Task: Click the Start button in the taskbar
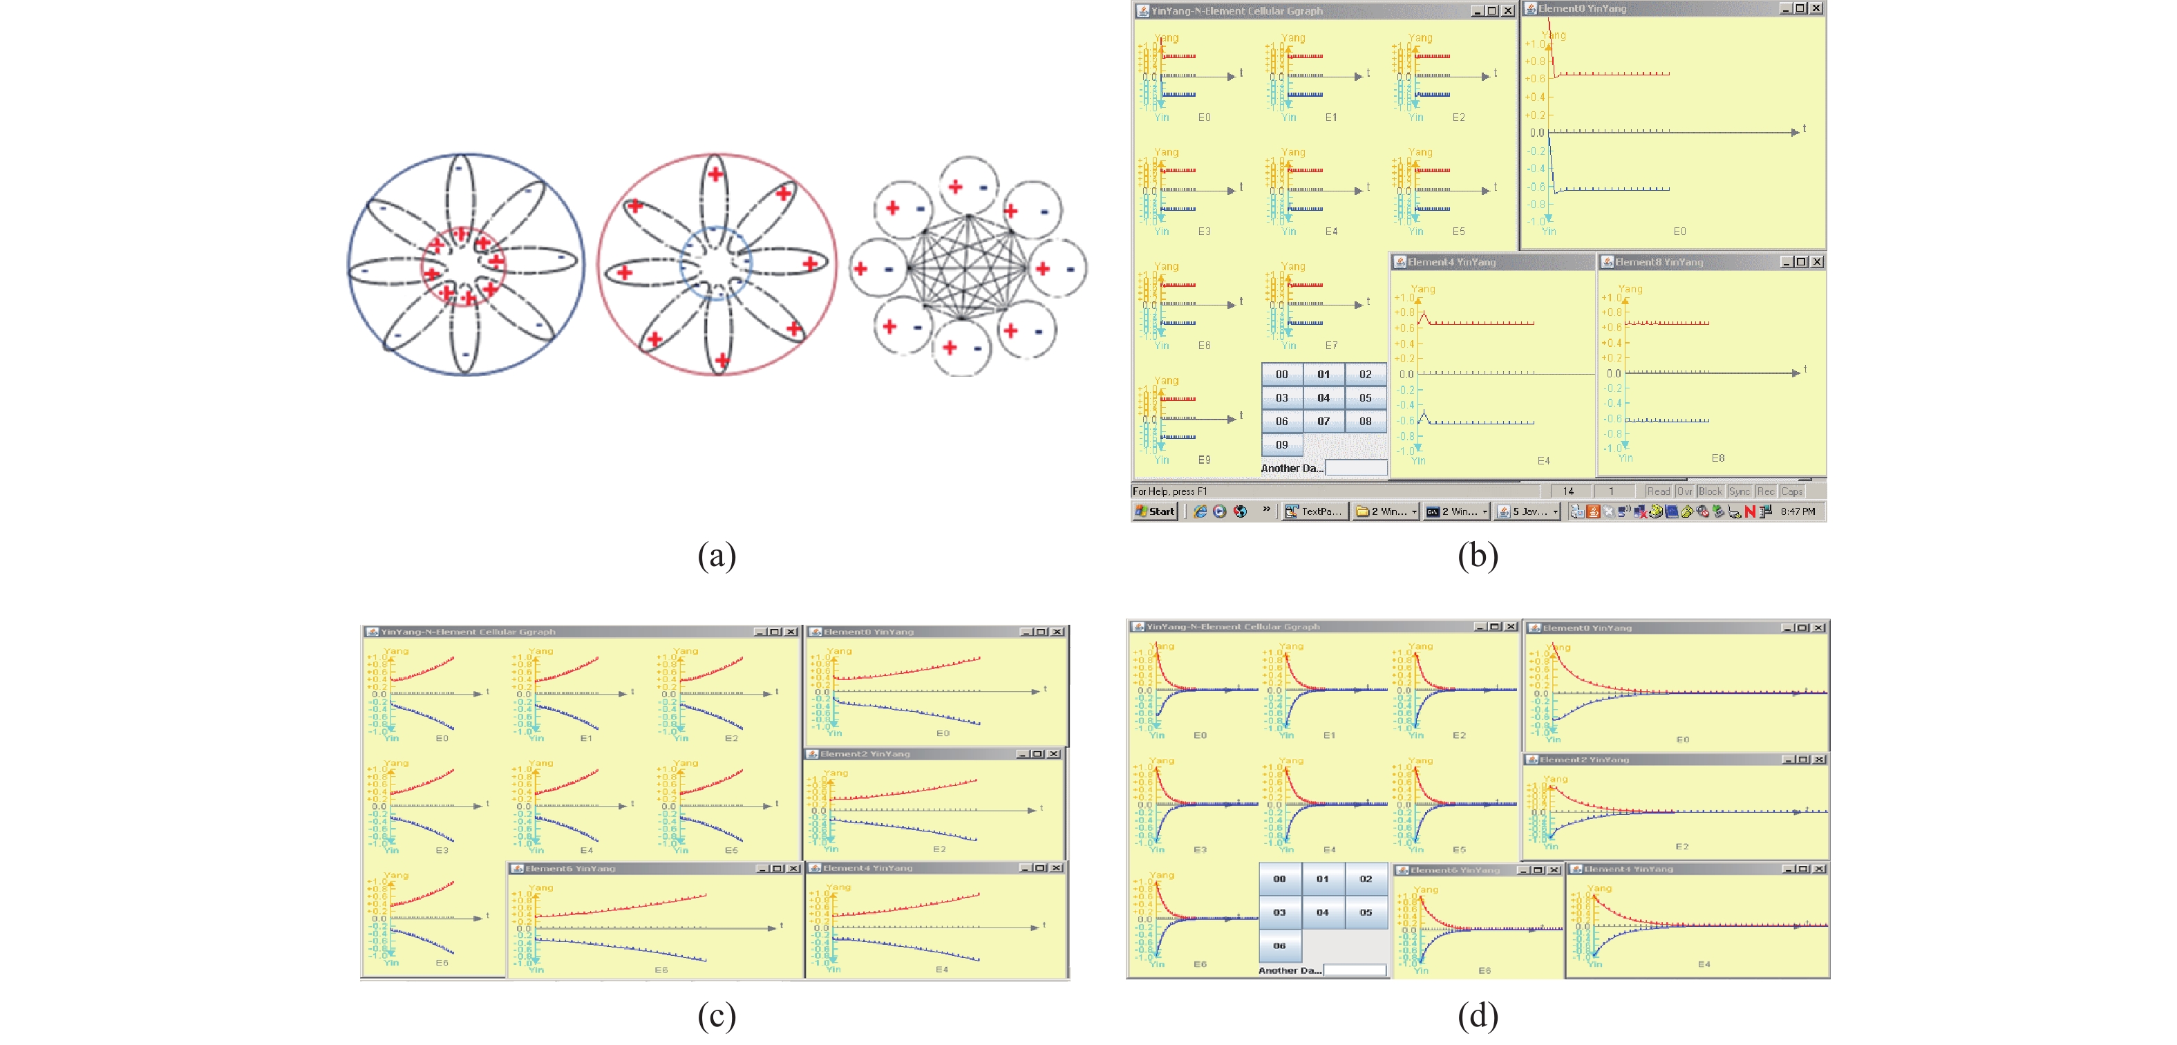[x=1156, y=511]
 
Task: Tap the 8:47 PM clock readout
[x=1798, y=511]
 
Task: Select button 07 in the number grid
[x=1323, y=421]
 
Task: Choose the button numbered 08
[x=1365, y=421]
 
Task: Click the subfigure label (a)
[x=717, y=556]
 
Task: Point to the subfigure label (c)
[x=717, y=1015]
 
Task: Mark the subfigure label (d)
[x=1478, y=1015]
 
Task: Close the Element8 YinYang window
[x=1817, y=262]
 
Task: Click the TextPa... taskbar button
[x=1313, y=511]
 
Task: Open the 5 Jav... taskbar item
[x=1527, y=511]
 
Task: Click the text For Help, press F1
[x=1169, y=491]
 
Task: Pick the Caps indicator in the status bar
[x=1791, y=491]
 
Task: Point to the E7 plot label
[x=1331, y=345]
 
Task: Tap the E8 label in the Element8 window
[x=1718, y=458]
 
